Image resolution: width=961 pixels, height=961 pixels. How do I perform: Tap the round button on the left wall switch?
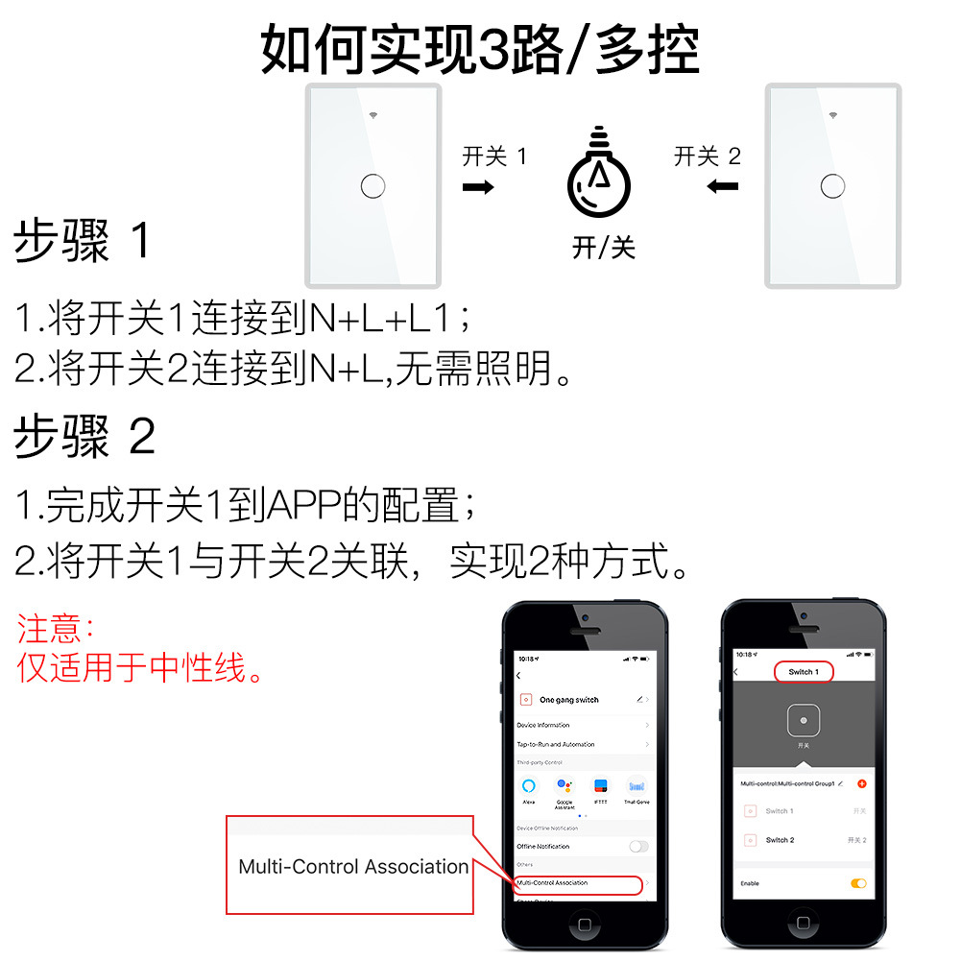pyautogui.click(x=372, y=185)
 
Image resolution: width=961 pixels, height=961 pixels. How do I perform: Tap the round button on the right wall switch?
pyautogui.click(x=833, y=185)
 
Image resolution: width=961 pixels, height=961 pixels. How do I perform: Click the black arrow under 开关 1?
pyautogui.click(x=478, y=186)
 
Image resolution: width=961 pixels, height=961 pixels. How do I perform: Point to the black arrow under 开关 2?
pyautogui.click(x=722, y=185)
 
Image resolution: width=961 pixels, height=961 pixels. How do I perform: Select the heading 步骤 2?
pyautogui.click(x=84, y=438)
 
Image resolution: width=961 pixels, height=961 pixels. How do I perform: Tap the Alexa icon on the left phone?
pyautogui.click(x=528, y=786)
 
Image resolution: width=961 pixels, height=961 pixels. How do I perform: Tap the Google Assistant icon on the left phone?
pyautogui.click(x=565, y=786)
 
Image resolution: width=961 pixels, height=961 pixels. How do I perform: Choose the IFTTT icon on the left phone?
pyautogui.click(x=601, y=786)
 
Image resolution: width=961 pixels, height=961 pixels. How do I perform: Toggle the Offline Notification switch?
pyautogui.click(x=637, y=846)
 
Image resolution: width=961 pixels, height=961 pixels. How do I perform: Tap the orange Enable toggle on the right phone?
pyautogui.click(x=858, y=883)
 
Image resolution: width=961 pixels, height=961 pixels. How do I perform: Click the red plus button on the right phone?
pyautogui.click(x=861, y=783)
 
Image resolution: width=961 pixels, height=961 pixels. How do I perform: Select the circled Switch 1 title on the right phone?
pyautogui.click(x=803, y=672)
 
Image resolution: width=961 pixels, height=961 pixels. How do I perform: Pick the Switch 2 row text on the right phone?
pyautogui.click(x=780, y=840)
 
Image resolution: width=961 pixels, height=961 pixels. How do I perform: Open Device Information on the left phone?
pyautogui.click(x=543, y=725)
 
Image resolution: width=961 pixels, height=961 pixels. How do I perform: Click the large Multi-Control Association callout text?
pyautogui.click(x=353, y=867)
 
